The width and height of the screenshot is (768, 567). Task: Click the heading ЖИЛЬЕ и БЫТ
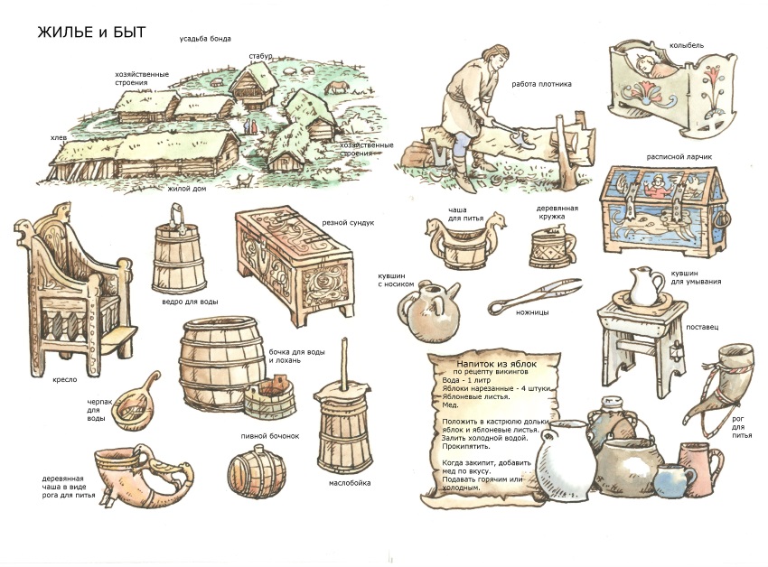[x=91, y=33]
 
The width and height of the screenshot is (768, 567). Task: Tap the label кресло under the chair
[x=65, y=379]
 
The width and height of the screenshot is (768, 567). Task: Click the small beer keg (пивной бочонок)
[x=257, y=472]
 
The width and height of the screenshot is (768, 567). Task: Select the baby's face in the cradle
[x=643, y=63]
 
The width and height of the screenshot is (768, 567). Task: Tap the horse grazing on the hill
[x=338, y=88]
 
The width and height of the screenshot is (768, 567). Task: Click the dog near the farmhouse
[x=244, y=181]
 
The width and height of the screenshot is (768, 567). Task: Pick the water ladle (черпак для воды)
[x=135, y=404]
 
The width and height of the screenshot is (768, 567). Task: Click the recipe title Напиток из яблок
[x=496, y=364]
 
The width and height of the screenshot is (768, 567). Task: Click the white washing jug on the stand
[x=645, y=286]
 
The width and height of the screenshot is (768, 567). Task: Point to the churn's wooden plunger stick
[x=345, y=362]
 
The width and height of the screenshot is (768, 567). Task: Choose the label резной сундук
[x=348, y=223]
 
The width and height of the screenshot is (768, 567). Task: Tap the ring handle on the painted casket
[x=723, y=218]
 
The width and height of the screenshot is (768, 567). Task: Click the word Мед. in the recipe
[x=450, y=404]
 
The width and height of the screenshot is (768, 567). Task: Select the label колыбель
[x=686, y=45]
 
